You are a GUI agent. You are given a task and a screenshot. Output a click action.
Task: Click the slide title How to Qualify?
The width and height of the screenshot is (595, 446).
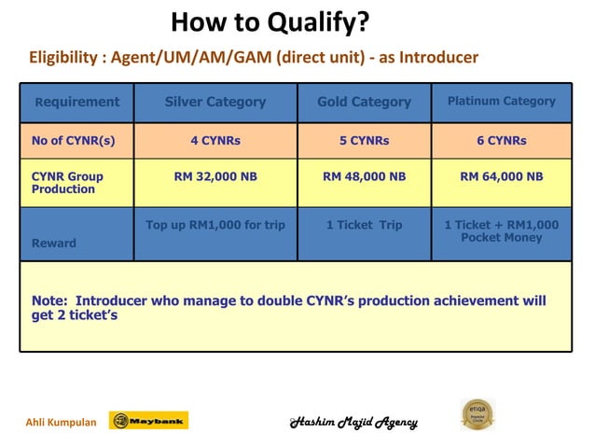pyautogui.click(x=270, y=21)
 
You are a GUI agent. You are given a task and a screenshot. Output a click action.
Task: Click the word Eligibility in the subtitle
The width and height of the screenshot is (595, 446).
pyautogui.click(x=64, y=58)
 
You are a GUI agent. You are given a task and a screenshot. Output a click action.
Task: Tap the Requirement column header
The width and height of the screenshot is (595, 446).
pyautogui.click(x=77, y=102)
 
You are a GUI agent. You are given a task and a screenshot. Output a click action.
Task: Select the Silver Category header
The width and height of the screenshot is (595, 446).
pyautogui.click(x=215, y=102)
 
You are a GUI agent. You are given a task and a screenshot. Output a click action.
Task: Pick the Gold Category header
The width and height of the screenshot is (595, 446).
pyautogui.click(x=364, y=102)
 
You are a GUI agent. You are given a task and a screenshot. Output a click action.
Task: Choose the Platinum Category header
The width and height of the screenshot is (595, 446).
pyautogui.click(x=502, y=101)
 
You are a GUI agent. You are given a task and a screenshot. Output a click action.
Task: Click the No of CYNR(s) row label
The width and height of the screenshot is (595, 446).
pyautogui.click(x=74, y=141)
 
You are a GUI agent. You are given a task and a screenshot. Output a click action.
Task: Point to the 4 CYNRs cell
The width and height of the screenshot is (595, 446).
pyautogui.click(x=215, y=141)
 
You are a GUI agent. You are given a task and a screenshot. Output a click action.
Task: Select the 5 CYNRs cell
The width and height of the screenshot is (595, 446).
pyautogui.click(x=364, y=141)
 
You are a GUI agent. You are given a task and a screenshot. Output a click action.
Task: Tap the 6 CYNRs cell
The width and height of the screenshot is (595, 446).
pyautogui.click(x=502, y=141)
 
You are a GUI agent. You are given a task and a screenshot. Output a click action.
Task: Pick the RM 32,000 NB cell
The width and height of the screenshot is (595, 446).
pyautogui.click(x=215, y=176)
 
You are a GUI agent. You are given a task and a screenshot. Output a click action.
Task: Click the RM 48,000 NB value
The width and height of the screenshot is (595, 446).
pyautogui.click(x=364, y=176)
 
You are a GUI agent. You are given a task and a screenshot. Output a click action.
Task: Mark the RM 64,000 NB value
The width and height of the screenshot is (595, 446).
pyautogui.click(x=502, y=176)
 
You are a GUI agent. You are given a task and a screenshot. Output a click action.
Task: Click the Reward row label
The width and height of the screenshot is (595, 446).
pyautogui.click(x=54, y=243)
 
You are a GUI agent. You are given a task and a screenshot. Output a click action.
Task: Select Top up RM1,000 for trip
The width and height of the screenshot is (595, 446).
pyautogui.click(x=215, y=225)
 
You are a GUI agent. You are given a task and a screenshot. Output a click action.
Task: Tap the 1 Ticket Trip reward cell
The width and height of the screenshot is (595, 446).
pyautogui.click(x=364, y=225)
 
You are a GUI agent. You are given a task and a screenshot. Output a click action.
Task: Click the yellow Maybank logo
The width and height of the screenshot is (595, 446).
pyautogui.click(x=149, y=421)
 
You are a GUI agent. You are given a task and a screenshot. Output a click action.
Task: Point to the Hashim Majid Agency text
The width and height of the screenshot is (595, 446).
pyautogui.click(x=353, y=422)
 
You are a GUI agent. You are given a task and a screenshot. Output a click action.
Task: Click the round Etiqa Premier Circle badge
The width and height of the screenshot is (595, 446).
pyautogui.click(x=477, y=414)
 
